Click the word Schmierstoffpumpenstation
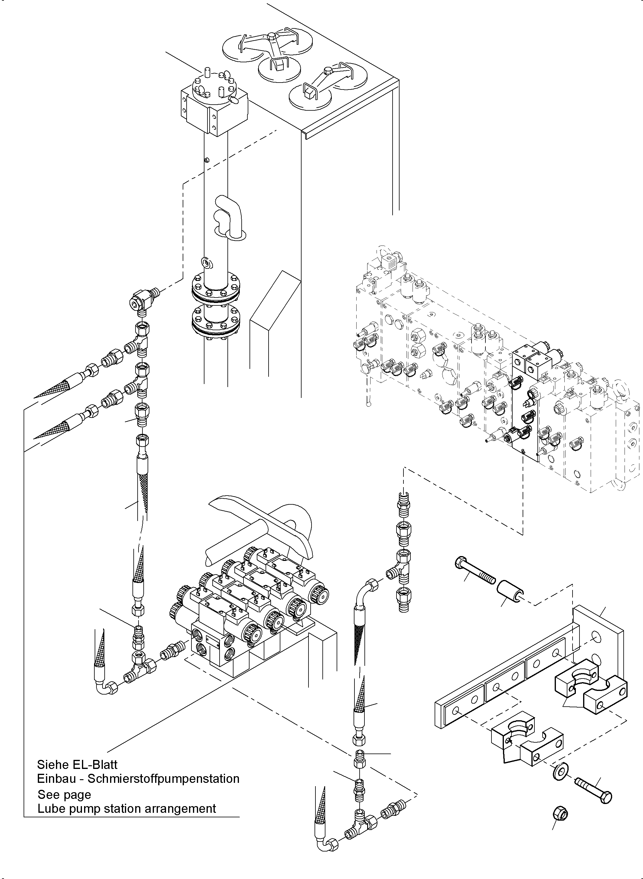pos(164,779)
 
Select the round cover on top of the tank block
pos(215,89)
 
